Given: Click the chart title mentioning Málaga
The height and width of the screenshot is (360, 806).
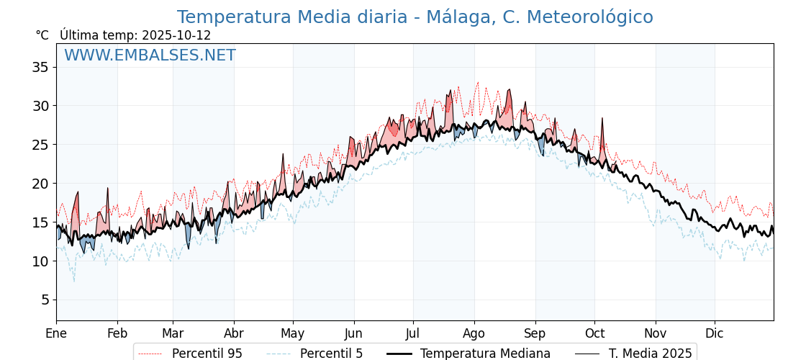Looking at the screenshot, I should coord(415,17).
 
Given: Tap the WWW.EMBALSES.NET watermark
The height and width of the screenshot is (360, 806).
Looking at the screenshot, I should coord(150,55).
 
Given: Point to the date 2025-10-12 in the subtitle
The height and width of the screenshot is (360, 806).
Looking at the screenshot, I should coord(176,35).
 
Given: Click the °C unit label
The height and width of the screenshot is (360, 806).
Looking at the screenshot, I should coord(42,35).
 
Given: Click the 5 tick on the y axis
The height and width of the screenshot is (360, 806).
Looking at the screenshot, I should coord(45,300).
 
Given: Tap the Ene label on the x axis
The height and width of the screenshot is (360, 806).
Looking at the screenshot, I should coord(56,333).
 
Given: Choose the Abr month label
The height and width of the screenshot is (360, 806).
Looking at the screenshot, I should coord(233,333).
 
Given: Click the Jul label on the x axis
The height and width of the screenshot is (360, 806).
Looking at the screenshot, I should coord(413,333).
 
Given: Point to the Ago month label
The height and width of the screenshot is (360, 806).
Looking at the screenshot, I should coord(474,333).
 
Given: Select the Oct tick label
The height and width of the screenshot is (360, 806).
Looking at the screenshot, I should coord(594,333).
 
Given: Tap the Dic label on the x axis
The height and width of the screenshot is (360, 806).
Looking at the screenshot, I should coord(715,333).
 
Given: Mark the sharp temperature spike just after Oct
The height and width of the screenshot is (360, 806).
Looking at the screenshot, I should coord(602,119).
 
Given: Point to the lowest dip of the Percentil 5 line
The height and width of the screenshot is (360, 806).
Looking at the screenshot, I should coord(73,280).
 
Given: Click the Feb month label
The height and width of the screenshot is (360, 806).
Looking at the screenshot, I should coord(117,333).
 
